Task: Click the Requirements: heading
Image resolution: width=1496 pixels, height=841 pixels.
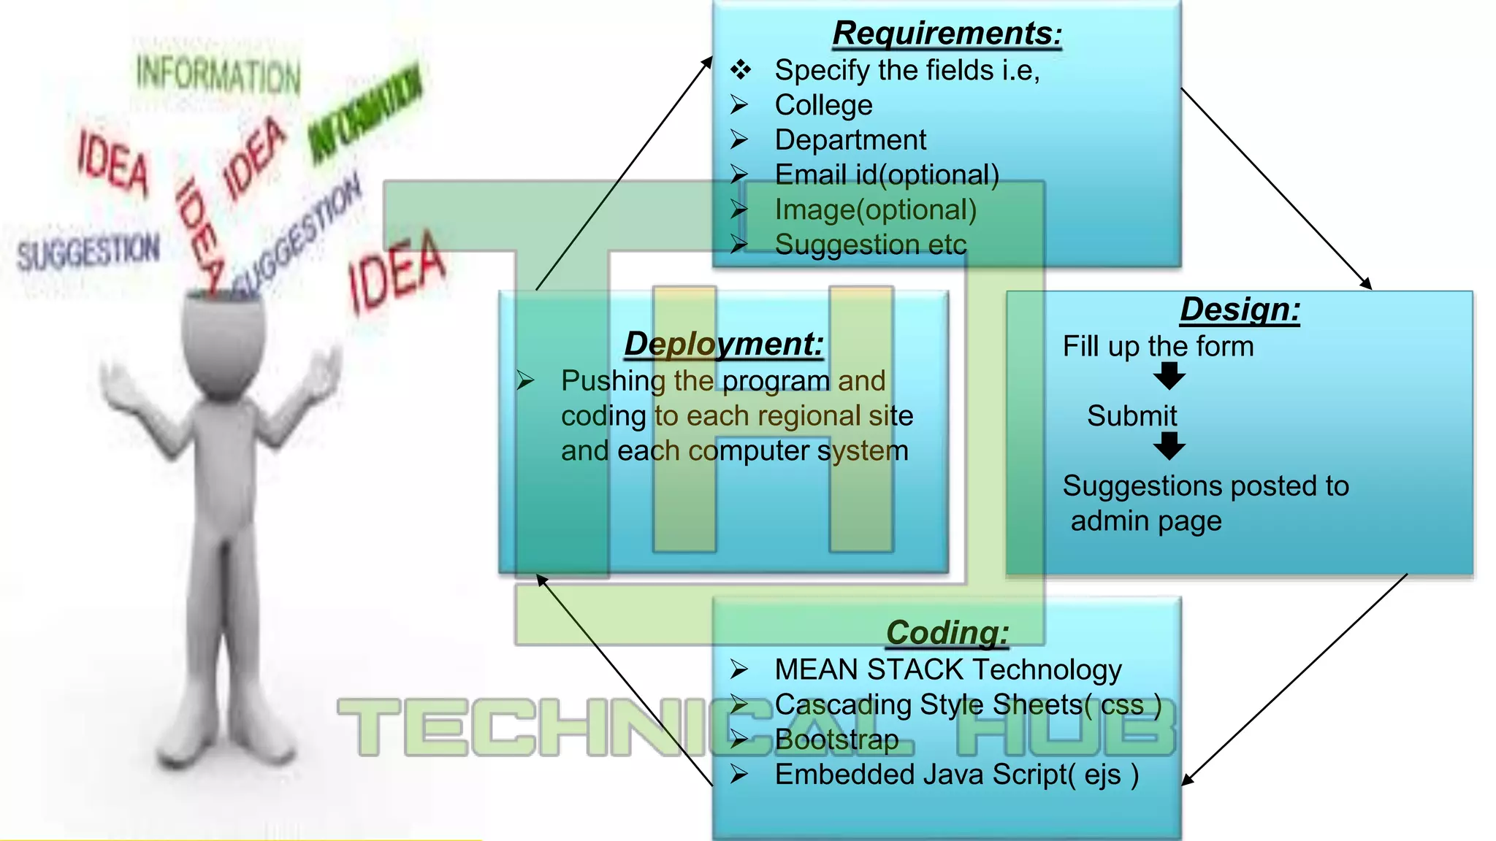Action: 947,34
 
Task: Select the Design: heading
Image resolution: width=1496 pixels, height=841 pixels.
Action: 1240,310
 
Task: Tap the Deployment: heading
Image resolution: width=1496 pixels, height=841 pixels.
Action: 723,344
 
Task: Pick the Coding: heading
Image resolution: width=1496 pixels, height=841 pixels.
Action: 947,632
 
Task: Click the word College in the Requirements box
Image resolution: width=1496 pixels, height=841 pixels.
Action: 823,105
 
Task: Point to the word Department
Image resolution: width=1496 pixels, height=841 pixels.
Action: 850,140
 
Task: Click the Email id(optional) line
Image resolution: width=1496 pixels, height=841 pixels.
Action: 887,175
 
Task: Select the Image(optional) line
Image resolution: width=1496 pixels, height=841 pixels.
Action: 875,210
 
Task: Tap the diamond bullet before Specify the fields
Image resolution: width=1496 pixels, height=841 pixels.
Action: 740,70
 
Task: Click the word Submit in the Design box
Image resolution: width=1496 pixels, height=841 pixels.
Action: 1131,416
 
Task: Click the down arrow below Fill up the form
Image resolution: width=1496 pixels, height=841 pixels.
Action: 1169,377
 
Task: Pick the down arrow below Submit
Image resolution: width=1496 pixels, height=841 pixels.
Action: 1169,446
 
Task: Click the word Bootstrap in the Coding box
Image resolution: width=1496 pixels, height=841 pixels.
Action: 836,740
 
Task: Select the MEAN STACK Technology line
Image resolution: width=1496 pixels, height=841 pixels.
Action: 947,670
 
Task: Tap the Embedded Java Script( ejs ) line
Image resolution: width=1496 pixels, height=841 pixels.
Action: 956,775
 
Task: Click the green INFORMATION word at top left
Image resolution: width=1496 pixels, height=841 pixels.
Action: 218,74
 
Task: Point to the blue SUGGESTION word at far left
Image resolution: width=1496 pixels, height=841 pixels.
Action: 88,252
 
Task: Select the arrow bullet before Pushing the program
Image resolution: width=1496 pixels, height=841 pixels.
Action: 525,380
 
